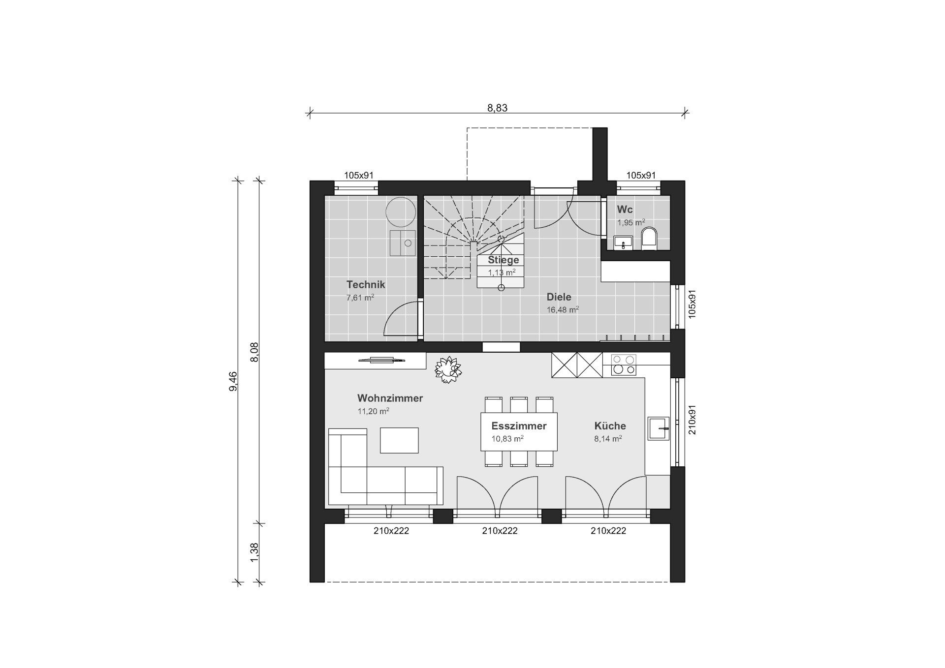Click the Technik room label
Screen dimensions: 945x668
point(366,284)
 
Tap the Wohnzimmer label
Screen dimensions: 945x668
point(390,398)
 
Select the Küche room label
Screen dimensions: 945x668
point(610,425)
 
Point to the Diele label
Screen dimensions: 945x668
point(559,297)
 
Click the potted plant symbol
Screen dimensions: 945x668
point(448,370)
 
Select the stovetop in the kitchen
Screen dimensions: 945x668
point(624,365)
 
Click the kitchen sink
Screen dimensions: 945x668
point(659,428)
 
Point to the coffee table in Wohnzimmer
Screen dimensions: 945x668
point(399,440)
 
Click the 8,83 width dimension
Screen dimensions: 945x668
point(497,108)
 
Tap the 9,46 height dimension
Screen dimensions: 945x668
point(233,381)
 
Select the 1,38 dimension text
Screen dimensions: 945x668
point(254,552)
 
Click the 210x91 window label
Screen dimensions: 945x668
point(692,420)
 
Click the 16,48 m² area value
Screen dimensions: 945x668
point(563,309)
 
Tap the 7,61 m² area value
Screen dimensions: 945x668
point(360,297)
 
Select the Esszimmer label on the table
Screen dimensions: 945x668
point(519,426)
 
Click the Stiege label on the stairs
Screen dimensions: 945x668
point(504,260)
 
